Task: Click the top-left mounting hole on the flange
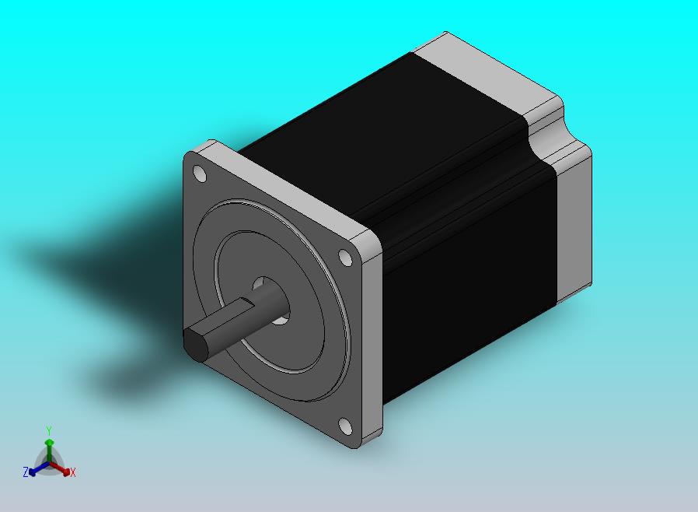coord(200,174)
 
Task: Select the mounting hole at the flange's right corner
coord(345,258)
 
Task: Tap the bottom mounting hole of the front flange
coord(345,426)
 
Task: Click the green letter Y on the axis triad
coord(49,430)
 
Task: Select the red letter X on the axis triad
coord(73,472)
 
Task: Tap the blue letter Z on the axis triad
coord(26,472)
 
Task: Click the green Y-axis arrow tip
coord(50,443)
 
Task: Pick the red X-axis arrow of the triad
coord(60,468)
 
